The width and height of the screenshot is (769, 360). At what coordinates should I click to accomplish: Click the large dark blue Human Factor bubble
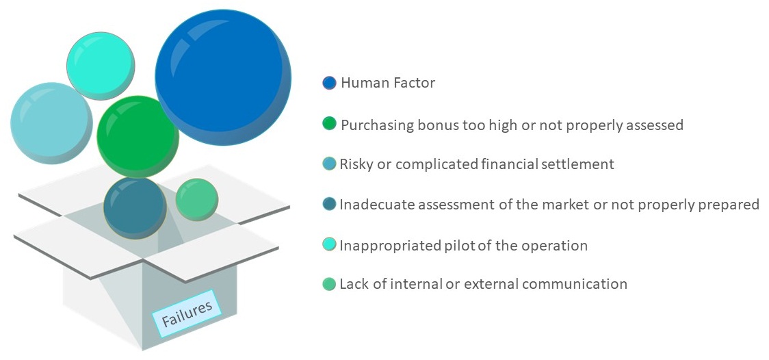click(223, 77)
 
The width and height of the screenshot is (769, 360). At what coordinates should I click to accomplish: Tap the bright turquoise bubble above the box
click(101, 66)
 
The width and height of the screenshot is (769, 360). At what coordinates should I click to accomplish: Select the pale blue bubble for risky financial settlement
click(51, 123)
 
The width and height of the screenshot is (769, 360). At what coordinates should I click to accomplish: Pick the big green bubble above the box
click(138, 137)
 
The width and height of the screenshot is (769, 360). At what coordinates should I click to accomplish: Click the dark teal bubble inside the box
click(135, 208)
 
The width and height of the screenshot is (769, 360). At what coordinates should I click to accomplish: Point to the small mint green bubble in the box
click(196, 200)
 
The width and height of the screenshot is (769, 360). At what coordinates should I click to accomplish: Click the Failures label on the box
click(187, 313)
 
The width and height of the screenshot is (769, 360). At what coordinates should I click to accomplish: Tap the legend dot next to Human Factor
click(329, 83)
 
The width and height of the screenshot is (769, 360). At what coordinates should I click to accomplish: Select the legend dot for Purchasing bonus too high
click(329, 124)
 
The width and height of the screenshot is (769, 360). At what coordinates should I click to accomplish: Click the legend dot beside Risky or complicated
click(330, 164)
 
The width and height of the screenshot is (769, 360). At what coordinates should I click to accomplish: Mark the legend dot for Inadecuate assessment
click(330, 203)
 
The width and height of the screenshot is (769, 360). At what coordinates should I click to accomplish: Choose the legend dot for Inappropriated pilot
click(330, 244)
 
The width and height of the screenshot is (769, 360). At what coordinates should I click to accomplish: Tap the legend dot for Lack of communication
click(330, 283)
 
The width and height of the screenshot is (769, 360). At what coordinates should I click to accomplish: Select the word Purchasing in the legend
click(377, 125)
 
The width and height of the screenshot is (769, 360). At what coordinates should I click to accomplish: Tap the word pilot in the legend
click(454, 245)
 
